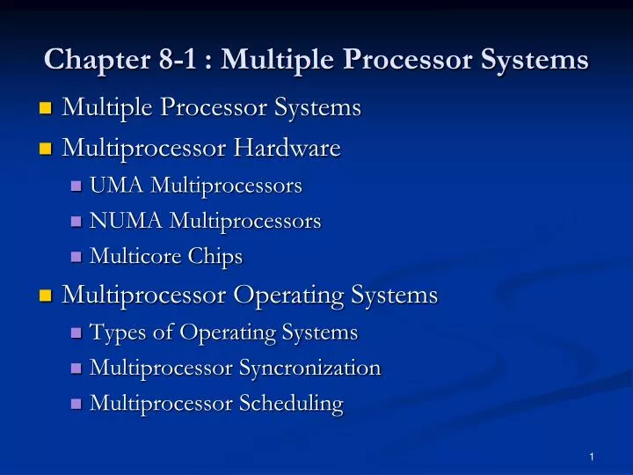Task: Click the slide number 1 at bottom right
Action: (593, 456)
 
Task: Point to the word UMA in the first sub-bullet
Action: (117, 186)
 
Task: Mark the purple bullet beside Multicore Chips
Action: (76, 258)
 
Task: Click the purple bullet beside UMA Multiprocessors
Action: (76, 186)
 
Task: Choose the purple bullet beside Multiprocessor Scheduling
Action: (76, 405)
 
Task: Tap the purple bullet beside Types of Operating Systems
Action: (76, 333)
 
